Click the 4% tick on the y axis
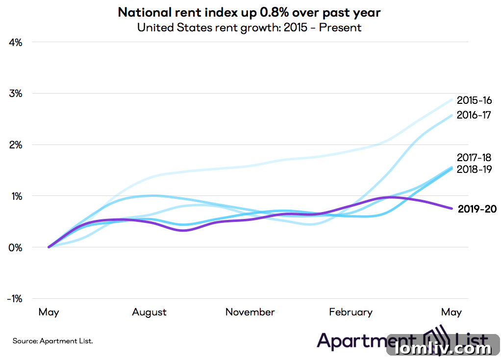(x=16, y=42)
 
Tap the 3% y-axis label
(x=16, y=94)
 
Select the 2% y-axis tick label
(x=16, y=144)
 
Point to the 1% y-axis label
(x=16, y=196)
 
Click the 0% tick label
(x=16, y=247)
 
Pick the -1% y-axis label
(x=14, y=299)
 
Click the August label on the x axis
(x=149, y=312)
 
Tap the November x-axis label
(x=250, y=312)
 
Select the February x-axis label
(x=351, y=312)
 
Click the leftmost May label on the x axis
(x=49, y=312)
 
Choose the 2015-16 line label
(x=474, y=100)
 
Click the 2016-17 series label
(x=474, y=115)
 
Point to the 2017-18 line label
(x=474, y=158)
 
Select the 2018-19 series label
(x=474, y=169)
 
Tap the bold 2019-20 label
(x=477, y=209)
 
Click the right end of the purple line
(x=451, y=208)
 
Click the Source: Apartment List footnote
(x=52, y=340)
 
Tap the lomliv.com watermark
(x=444, y=348)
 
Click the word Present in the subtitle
(x=340, y=27)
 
